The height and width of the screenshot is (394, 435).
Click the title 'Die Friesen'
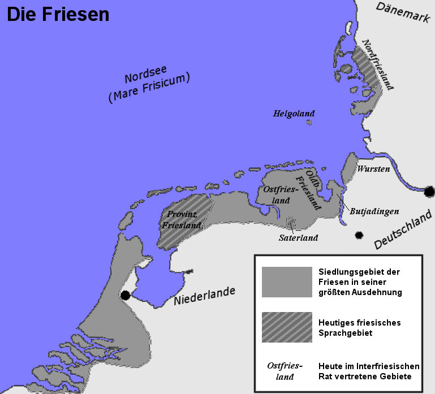pos(58,14)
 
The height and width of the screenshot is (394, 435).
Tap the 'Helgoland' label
pos(294,114)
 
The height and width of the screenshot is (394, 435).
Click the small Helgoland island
pos(309,122)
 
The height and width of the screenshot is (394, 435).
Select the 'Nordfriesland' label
pos(377,65)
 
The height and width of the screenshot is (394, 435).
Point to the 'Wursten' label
pos(373,169)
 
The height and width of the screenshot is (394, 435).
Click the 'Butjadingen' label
pos(374,211)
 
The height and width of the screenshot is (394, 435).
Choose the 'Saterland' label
pos(298,237)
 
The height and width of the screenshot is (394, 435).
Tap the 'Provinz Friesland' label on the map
pos(182,220)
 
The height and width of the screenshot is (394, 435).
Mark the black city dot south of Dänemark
pos(430,191)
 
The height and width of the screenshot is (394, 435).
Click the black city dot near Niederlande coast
pos(125,295)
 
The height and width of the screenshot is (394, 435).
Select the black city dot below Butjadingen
pos(358,235)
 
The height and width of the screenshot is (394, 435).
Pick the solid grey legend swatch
pos(287,282)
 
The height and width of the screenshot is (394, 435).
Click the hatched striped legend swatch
pos(287,327)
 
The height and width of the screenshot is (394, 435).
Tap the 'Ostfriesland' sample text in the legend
pos(285,370)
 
